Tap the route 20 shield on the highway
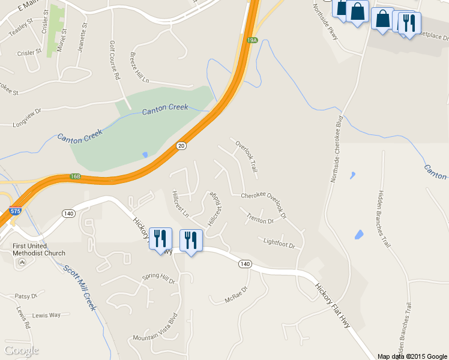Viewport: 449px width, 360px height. tap(181, 146)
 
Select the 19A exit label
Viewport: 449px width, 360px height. tap(252, 40)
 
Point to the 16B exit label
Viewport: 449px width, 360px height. tap(75, 176)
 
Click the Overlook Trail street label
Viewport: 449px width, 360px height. tap(246, 157)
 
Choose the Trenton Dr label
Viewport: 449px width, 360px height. tap(260, 220)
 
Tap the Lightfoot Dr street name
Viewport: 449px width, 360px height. tap(279, 244)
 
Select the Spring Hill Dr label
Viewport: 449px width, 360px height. tap(158, 278)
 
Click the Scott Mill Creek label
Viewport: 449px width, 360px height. tap(80, 288)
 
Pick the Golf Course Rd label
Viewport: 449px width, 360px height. tap(113, 61)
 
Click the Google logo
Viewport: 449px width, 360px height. tap(21, 350)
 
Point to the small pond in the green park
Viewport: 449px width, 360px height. tap(145, 154)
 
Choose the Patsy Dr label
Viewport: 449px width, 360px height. tap(26, 296)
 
